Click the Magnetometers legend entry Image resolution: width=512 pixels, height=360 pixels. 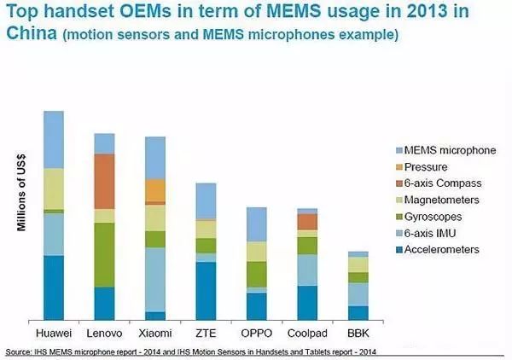(x=445, y=200)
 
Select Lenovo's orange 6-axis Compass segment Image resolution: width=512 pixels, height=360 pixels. (x=104, y=181)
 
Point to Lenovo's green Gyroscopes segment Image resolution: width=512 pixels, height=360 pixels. (x=104, y=254)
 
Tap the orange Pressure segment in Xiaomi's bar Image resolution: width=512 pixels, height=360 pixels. (x=154, y=189)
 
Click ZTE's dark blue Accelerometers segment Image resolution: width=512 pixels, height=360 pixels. (x=206, y=291)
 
